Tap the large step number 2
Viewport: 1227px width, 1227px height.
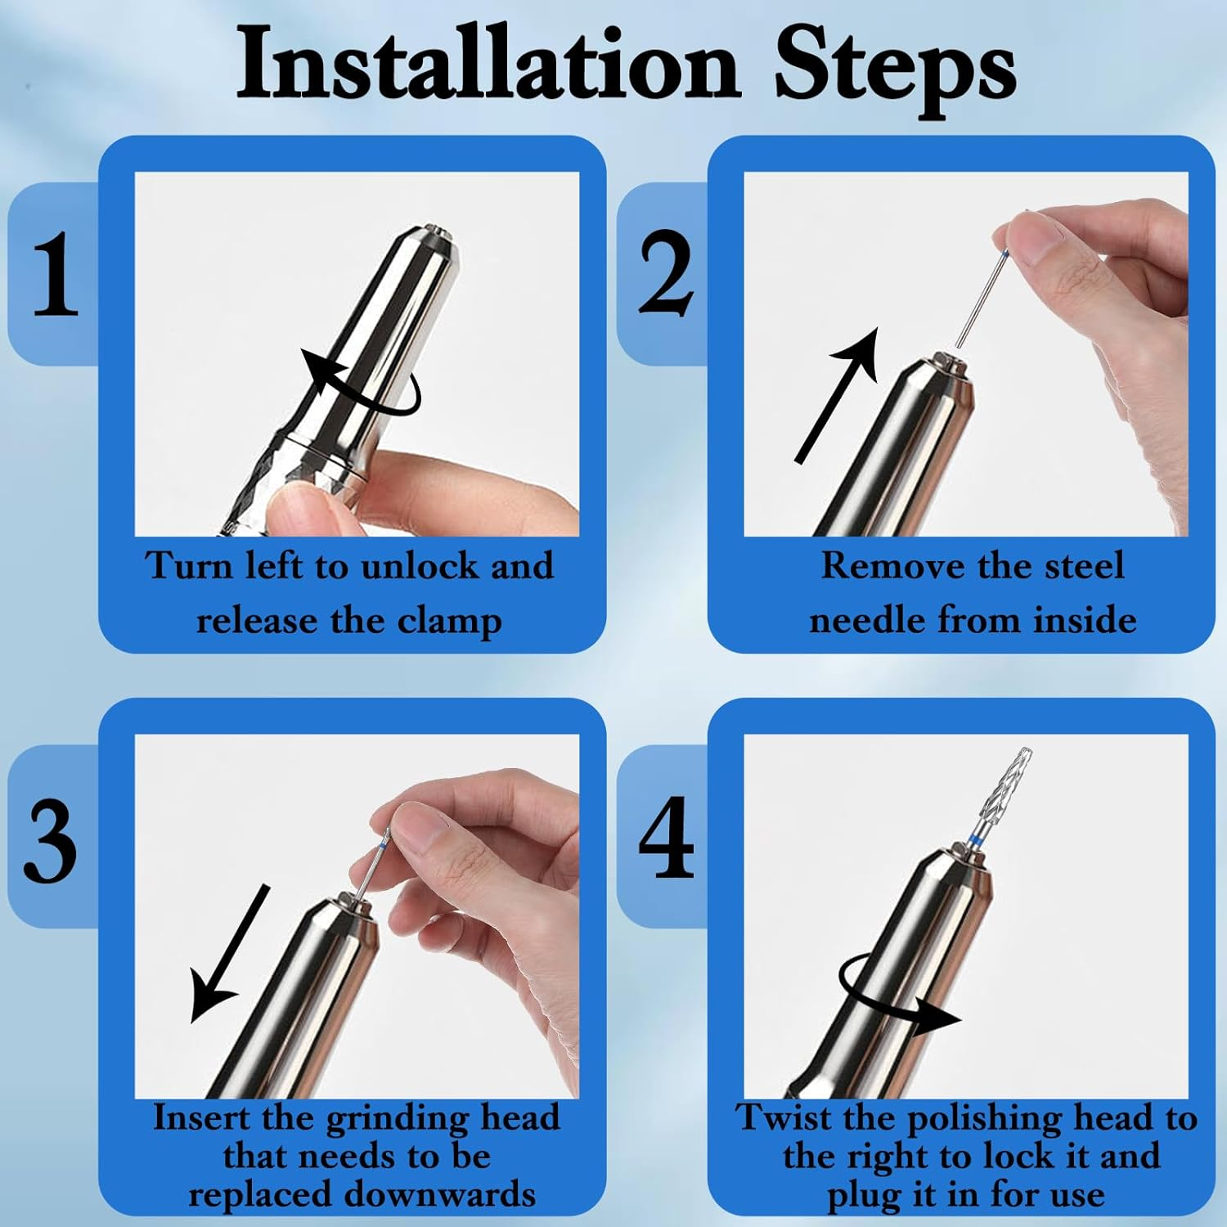(x=666, y=274)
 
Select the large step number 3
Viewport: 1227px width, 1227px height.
(x=51, y=840)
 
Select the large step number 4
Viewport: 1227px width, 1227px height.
(x=666, y=838)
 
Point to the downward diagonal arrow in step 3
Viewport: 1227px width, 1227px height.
(x=229, y=953)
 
